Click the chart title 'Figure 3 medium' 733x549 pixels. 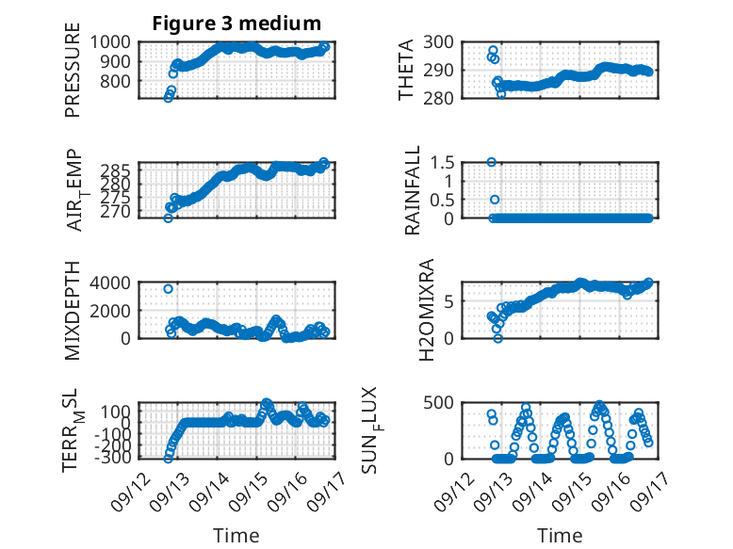236,24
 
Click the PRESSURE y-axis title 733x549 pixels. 73,70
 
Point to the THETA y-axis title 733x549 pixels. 406,70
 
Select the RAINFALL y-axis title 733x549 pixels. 413,190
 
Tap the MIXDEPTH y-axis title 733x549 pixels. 73,311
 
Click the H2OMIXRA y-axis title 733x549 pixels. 427,310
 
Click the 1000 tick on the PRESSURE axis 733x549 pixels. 110,42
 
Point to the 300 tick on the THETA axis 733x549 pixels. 438,42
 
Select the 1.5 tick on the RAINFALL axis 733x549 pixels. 442,163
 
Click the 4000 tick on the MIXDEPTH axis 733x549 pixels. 110,283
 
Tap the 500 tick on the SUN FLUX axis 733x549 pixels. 438,403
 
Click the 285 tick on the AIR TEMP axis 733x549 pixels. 116,170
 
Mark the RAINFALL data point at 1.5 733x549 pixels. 491,162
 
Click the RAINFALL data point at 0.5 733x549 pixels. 495,200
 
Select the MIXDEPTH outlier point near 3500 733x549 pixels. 169,289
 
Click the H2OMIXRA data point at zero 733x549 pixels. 497,338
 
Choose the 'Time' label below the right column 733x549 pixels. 560,536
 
